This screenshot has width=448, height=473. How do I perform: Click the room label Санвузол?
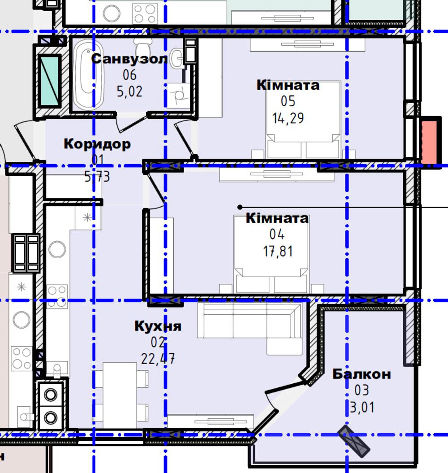129,59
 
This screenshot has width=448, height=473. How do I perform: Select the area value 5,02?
129,91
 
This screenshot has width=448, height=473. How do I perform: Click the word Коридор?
97,144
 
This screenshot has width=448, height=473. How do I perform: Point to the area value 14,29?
288,118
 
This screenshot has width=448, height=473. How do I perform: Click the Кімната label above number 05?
288,85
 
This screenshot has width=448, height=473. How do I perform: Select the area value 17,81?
278,251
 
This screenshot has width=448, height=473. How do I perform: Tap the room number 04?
277,234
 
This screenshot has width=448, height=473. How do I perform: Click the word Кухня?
158,326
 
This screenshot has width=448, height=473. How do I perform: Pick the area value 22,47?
158,359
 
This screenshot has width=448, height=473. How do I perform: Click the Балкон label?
362,374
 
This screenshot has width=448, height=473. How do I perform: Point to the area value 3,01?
362,407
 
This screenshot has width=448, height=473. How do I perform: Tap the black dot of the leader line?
240,207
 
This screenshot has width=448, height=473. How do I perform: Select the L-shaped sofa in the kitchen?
250,328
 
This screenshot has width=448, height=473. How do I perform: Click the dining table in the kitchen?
120,395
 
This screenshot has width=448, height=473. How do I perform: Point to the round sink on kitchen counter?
57,249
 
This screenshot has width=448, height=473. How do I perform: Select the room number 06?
129,75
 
